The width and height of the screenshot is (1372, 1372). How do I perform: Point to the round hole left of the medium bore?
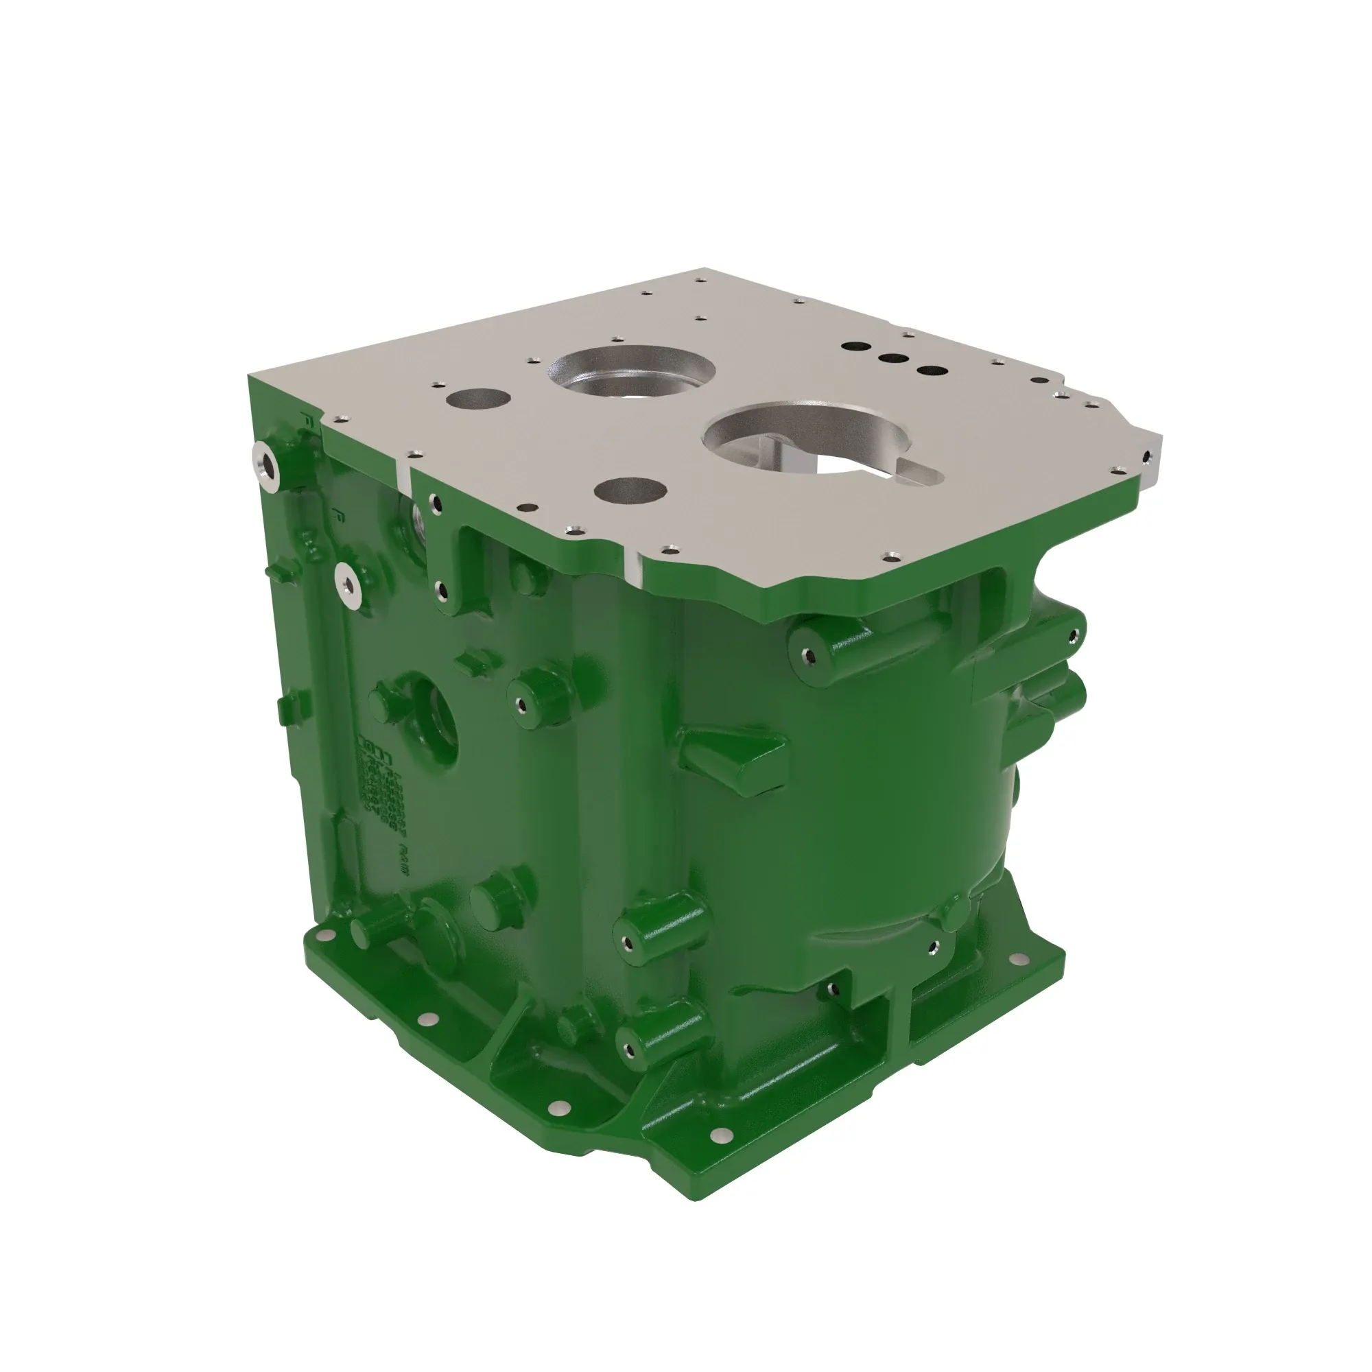(477, 399)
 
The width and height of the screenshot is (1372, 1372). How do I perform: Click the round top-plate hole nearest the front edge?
(630, 490)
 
